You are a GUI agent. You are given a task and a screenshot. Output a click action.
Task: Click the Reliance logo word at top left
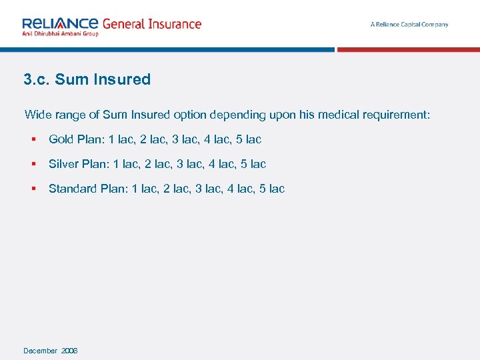[x=60, y=23]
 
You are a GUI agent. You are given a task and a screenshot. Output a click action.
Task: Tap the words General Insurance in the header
[x=151, y=24]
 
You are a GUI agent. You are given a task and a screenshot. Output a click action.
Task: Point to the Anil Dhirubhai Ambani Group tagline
[x=60, y=33]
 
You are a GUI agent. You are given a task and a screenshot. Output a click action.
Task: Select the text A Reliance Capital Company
[x=409, y=25]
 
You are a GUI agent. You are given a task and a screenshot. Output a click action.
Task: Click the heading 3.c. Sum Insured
[x=87, y=79]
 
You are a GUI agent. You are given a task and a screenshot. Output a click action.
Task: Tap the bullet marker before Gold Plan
[x=32, y=139]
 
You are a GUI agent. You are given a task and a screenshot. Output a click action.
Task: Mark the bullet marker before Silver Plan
[x=32, y=164]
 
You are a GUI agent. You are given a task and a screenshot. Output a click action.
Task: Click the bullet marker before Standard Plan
[x=32, y=189]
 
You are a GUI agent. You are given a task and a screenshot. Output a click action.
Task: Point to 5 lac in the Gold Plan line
[x=249, y=139]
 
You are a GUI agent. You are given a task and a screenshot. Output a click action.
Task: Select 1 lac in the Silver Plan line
[x=125, y=164]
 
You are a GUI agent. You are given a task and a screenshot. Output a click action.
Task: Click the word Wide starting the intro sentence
[x=37, y=115]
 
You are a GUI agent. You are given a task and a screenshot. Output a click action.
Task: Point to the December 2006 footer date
[x=51, y=351]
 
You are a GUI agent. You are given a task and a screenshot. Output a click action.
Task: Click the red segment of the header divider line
[x=408, y=49]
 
